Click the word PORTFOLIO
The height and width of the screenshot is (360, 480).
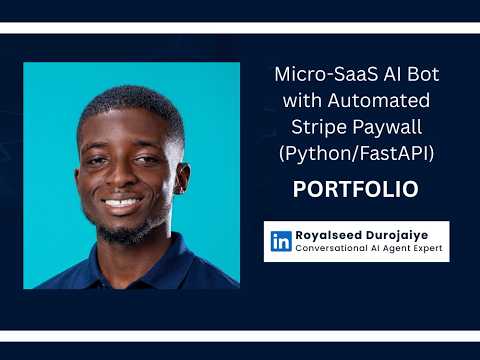click(x=355, y=189)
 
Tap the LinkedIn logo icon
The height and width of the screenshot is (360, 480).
click(x=281, y=241)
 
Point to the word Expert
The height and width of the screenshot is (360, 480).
click(x=423, y=249)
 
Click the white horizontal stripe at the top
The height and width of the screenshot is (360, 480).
click(x=240, y=27)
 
